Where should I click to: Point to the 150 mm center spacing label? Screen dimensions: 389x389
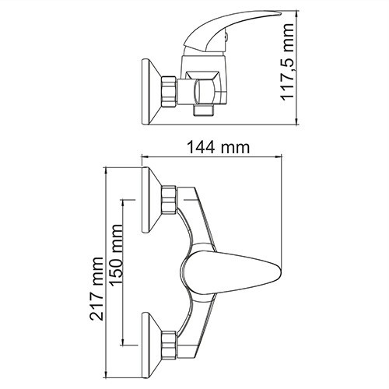(116, 264)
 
